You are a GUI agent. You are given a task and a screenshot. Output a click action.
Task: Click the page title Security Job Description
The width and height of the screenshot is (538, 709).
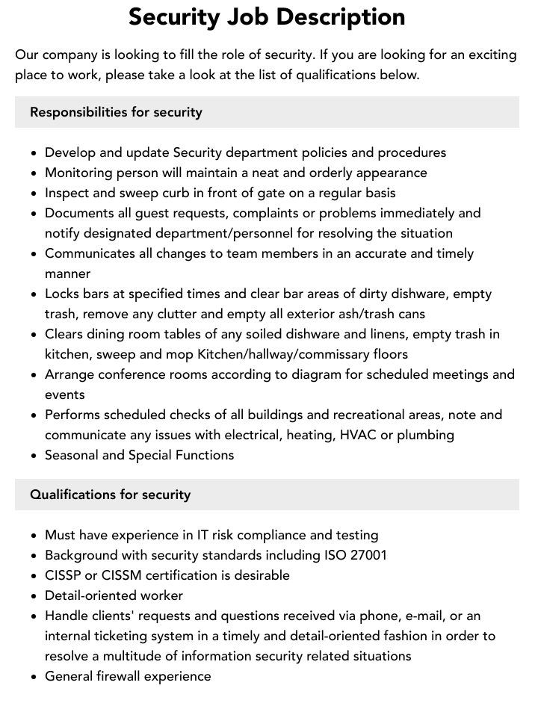tap(267, 16)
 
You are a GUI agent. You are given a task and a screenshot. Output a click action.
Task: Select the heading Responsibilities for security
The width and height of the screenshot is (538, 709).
tap(116, 112)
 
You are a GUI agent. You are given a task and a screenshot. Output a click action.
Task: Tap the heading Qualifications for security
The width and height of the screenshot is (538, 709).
tap(110, 495)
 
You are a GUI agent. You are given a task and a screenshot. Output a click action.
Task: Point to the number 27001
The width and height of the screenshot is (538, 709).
tap(368, 555)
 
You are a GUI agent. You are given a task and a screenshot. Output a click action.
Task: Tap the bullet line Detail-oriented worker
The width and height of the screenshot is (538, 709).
tap(114, 595)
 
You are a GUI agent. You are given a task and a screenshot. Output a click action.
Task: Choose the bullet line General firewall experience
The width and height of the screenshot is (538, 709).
tap(128, 676)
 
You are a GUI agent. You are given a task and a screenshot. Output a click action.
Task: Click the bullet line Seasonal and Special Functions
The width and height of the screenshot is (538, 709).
tap(139, 455)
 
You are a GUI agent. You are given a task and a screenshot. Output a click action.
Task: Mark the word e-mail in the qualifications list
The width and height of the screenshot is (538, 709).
tap(436, 616)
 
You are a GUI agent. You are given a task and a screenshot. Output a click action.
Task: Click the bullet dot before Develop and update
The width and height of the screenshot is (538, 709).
tap(34, 153)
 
